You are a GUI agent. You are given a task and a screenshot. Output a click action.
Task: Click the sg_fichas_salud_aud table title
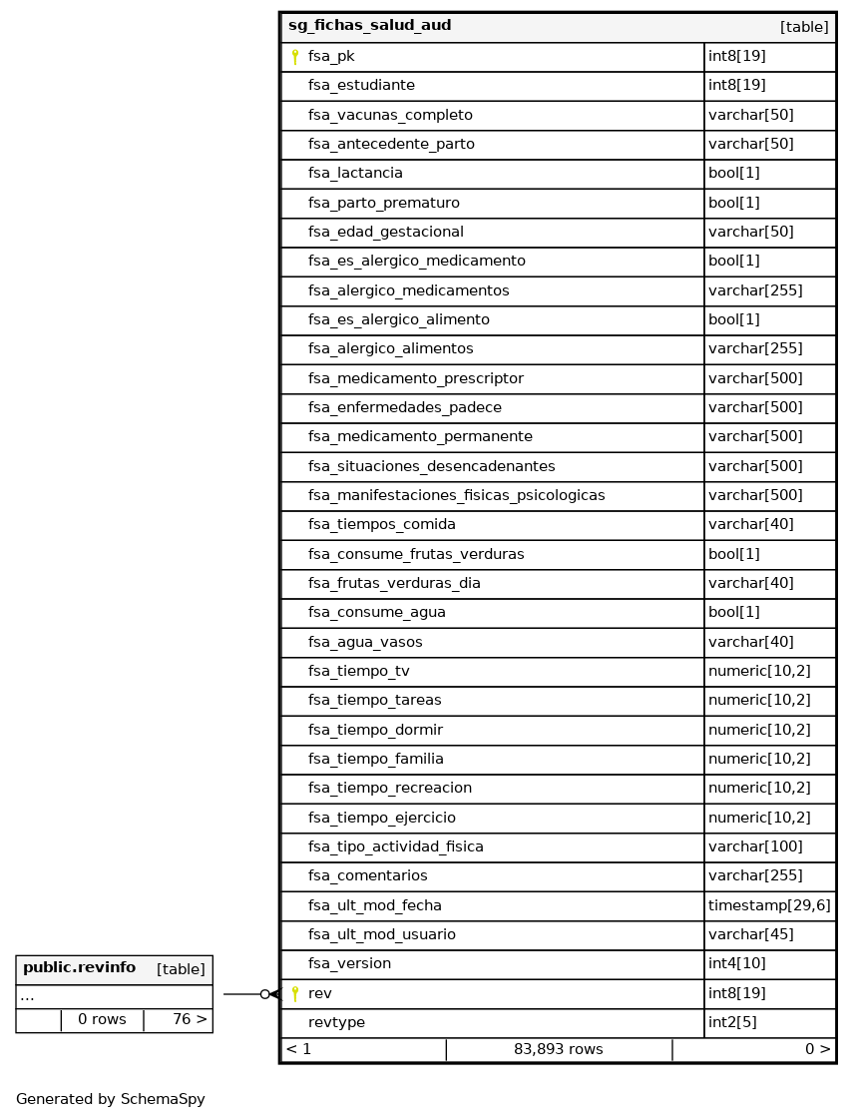point(369,26)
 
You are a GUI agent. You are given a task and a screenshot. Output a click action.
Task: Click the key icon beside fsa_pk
point(295,57)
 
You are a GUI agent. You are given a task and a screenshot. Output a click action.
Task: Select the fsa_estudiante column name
point(361,86)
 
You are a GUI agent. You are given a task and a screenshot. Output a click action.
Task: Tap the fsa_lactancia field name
point(355,174)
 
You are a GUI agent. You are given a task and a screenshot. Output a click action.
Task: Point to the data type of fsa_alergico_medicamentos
point(755,290)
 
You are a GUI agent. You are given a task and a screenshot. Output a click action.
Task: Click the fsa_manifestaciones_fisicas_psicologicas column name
point(456,496)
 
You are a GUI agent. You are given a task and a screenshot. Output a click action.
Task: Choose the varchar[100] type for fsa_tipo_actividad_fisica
point(755,847)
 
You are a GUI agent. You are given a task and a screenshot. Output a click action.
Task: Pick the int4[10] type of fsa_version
point(737,964)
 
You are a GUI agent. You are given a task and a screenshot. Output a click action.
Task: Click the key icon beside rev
point(295,993)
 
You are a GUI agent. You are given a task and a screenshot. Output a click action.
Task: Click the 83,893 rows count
point(558,1050)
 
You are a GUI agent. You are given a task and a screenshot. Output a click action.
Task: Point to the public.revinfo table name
point(79,968)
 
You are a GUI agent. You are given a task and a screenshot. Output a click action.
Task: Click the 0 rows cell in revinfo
point(102,1020)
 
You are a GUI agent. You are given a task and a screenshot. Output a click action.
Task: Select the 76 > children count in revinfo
point(190,1020)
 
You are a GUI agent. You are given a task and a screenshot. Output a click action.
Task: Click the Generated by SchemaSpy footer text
point(111,1100)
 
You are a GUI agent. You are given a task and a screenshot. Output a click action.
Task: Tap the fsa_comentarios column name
point(367,876)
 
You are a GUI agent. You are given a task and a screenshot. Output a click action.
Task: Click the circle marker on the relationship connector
point(264,994)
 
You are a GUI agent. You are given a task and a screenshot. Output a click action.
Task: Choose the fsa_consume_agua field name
point(376,613)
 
